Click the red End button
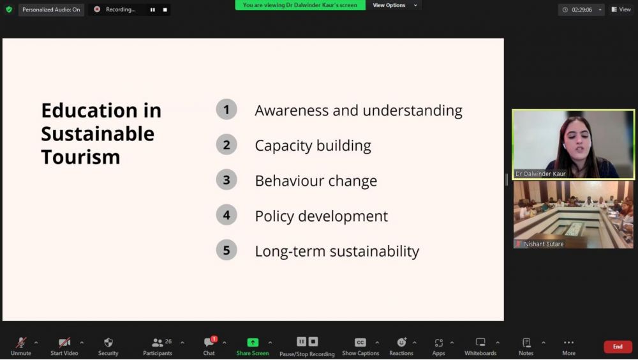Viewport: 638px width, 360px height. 618,347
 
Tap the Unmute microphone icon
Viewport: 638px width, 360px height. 21,343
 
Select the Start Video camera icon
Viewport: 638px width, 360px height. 64,343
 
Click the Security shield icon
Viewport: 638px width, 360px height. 108,343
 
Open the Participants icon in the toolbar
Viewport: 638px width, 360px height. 158,343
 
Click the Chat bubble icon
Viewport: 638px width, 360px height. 209,342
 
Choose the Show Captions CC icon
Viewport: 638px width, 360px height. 360,343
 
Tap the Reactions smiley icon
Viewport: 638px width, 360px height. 401,342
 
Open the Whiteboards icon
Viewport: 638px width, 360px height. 480,342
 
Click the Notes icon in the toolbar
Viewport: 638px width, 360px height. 526,343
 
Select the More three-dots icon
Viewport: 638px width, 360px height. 569,343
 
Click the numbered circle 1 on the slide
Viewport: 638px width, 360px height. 226,110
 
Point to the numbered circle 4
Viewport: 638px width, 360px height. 226,215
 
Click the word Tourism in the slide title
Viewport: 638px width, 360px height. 80,157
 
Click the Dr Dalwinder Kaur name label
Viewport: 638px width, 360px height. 540,174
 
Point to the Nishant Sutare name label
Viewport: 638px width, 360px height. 544,244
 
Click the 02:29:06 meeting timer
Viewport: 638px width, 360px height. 581,10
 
